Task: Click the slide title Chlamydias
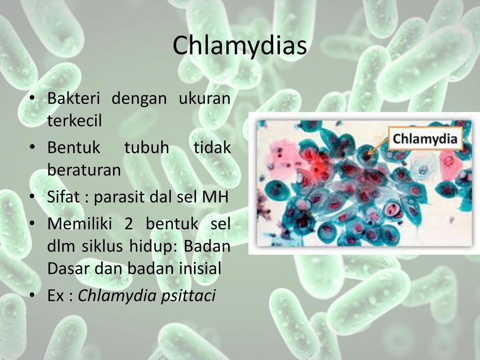[240, 45]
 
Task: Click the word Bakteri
[74, 98]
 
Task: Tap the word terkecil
[75, 120]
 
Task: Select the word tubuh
[147, 147]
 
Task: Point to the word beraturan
[84, 170]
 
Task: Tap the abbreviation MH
[215, 196]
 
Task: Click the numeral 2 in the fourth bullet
[128, 224]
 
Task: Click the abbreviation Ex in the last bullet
[56, 296]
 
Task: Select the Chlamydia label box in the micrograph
[425, 139]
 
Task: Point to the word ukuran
[204, 98]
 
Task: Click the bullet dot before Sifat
[32, 197]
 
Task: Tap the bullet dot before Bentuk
[32, 148]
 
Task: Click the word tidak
[212, 147]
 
